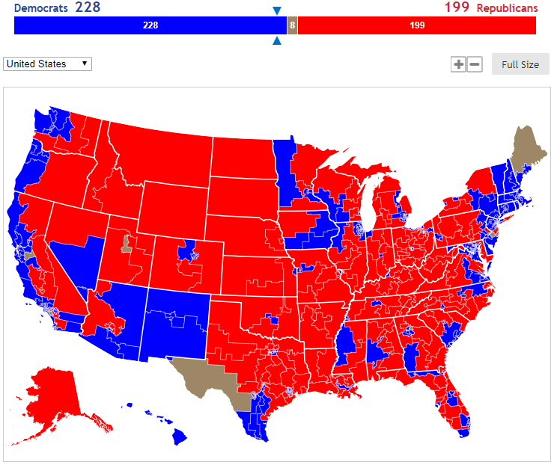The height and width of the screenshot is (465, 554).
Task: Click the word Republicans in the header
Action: pos(507,8)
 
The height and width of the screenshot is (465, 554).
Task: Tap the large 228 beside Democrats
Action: pos(88,7)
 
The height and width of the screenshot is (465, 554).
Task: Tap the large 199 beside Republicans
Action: pos(456,7)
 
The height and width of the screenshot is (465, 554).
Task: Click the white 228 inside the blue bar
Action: pos(150,25)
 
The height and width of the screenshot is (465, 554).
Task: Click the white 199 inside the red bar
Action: pos(417,25)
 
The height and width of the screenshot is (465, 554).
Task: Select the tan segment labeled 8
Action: pos(292,25)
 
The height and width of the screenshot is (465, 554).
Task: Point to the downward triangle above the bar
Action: pos(277,10)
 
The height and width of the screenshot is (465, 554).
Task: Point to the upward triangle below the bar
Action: pos(277,41)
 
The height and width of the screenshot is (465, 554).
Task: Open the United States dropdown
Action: pos(47,64)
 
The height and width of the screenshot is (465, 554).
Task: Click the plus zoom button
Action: pos(458,64)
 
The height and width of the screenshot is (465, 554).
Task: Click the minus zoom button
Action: pos(475,64)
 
